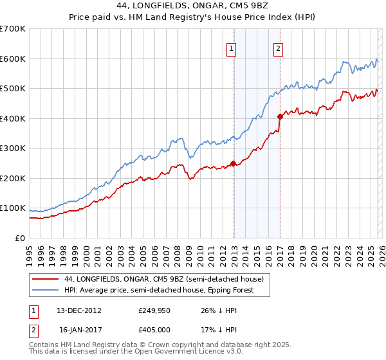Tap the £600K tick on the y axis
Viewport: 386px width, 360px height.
pos(13,59)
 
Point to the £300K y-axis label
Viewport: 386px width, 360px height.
pos(13,148)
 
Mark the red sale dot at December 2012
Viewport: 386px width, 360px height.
pos(233,163)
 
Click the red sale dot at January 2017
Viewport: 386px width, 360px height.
pos(280,117)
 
